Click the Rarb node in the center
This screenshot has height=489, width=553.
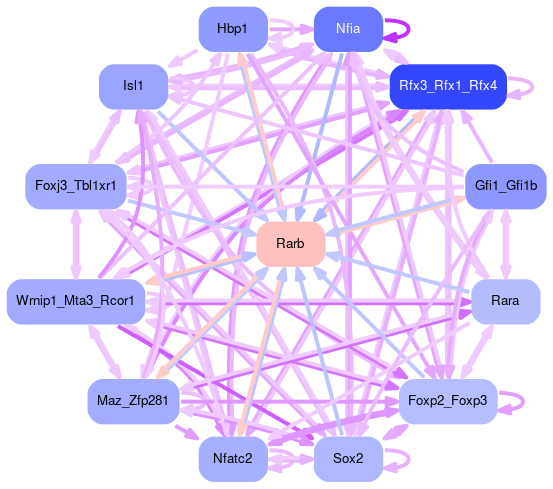[291, 244]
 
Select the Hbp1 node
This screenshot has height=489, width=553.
[233, 29]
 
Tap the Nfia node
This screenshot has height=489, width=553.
[348, 29]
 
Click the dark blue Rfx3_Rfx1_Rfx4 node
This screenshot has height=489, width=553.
[448, 86]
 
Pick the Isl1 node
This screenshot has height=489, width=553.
[133, 86]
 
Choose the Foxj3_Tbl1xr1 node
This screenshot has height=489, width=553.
[76, 186]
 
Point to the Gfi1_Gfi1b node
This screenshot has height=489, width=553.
[506, 186]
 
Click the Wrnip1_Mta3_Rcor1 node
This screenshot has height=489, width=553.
[76, 301]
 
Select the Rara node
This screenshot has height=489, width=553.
[506, 301]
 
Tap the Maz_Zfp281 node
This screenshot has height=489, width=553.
[133, 401]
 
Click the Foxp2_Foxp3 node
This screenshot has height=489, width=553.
[448, 401]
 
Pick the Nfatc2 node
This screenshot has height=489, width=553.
[233, 459]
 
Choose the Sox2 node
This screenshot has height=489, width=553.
[348, 459]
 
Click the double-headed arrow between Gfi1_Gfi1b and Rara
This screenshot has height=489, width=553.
[506, 244]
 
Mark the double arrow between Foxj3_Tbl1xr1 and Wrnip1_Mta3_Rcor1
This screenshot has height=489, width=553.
[76, 244]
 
